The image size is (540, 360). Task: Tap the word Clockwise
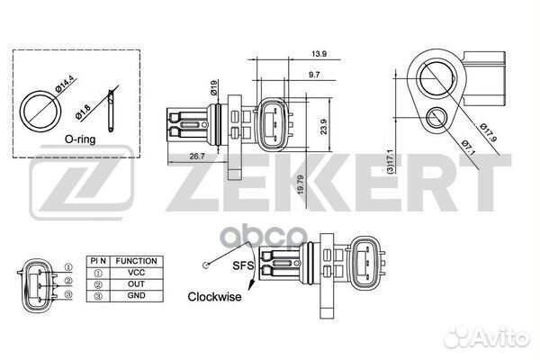point(214,296)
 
